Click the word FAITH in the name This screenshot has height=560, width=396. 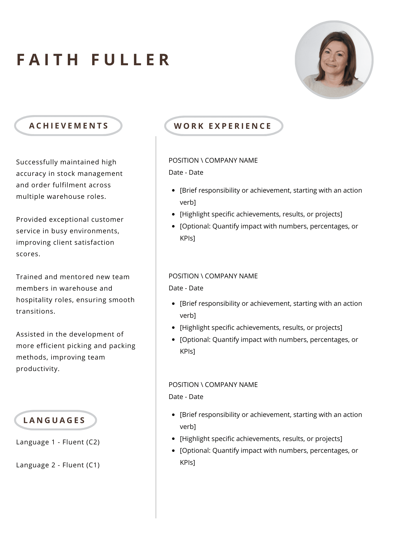point(48,60)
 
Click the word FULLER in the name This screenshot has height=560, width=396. point(131,60)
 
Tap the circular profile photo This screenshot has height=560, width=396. point(334,60)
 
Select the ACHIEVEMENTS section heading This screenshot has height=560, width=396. point(69,126)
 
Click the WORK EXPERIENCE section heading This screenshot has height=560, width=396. point(223,126)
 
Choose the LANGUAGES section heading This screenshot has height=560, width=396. point(55,420)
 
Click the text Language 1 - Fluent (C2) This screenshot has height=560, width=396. point(58,442)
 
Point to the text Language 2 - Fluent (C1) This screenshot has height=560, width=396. point(58,465)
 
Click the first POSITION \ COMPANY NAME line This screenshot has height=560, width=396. point(213,160)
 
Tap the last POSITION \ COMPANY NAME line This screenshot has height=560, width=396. point(213,385)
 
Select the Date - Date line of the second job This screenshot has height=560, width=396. point(186,288)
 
